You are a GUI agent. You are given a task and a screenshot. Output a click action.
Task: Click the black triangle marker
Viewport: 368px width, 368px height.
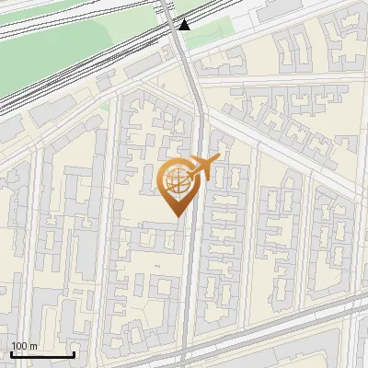[185, 24]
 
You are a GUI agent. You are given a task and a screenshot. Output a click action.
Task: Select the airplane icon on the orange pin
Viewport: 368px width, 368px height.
[201, 168]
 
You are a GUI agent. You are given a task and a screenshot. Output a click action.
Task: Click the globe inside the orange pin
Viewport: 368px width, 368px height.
[174, 181]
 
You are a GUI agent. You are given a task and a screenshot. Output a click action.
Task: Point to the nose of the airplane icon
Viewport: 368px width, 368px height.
[219, 158]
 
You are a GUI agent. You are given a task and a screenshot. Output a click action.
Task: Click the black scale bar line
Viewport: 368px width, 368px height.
[42, 354]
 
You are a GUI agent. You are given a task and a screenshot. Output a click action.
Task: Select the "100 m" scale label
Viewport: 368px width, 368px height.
[25, 346]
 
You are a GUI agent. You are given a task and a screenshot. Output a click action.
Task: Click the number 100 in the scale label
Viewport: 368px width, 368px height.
[20, 346]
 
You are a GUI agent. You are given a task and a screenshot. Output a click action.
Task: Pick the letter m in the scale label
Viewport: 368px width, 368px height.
[33, 346]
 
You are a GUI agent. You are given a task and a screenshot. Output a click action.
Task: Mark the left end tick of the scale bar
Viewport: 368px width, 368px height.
[11, 352]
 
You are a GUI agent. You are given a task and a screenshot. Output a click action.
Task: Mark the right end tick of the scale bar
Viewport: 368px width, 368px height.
[74, 352]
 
